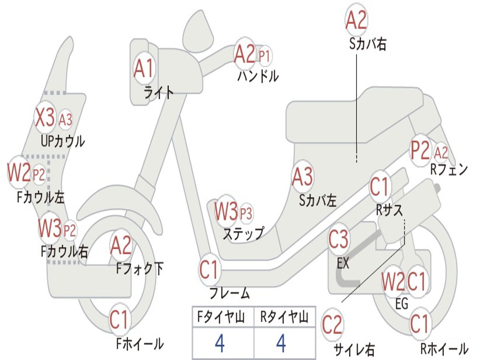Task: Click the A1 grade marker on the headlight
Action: (143, 68)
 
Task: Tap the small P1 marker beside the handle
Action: (264, 56)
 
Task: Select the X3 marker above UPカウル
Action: (45, 117)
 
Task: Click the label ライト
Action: (159, 92)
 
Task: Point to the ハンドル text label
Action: (258, 76)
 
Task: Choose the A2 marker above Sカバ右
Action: (356, 20)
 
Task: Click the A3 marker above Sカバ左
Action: (302, 177)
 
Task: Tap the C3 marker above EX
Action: (338, 240)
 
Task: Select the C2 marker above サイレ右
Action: (332, 325)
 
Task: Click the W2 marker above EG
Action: (393, 281)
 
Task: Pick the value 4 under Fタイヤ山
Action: (220, 343)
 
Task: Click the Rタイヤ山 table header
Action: (285, 316)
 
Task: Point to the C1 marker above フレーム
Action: (209, 270)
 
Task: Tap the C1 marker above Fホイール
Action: (119, 319)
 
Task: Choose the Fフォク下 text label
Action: (140, 269)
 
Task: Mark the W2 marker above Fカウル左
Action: (19, 172)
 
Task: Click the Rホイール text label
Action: (444, 348)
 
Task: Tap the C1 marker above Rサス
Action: (379, 187)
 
